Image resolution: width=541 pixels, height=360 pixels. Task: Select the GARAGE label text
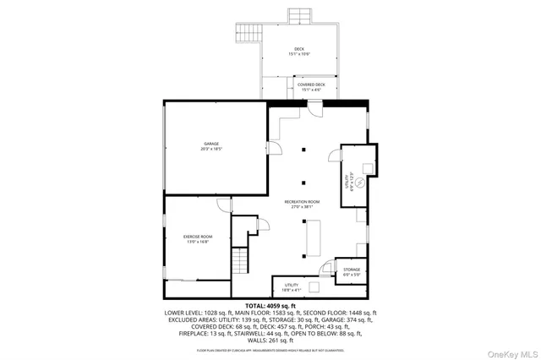tap(210, 145)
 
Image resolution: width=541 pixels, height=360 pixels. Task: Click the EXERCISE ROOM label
tap(198, 237)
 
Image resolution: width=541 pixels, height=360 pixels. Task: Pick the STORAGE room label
tap(352, 270)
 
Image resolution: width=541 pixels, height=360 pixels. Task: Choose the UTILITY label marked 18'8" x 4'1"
tap(292, 286)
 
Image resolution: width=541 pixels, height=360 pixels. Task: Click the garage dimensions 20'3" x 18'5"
tap(210, 150)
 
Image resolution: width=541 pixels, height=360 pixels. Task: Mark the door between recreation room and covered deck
tap(314, 108)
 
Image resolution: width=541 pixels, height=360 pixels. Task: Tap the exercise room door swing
tap(222, 205)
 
